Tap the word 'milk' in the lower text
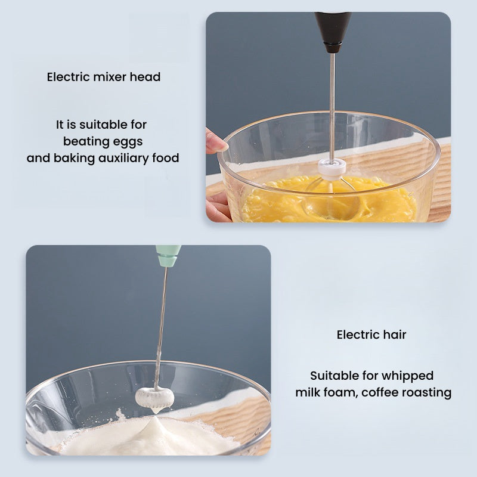[x=307, y=392]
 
